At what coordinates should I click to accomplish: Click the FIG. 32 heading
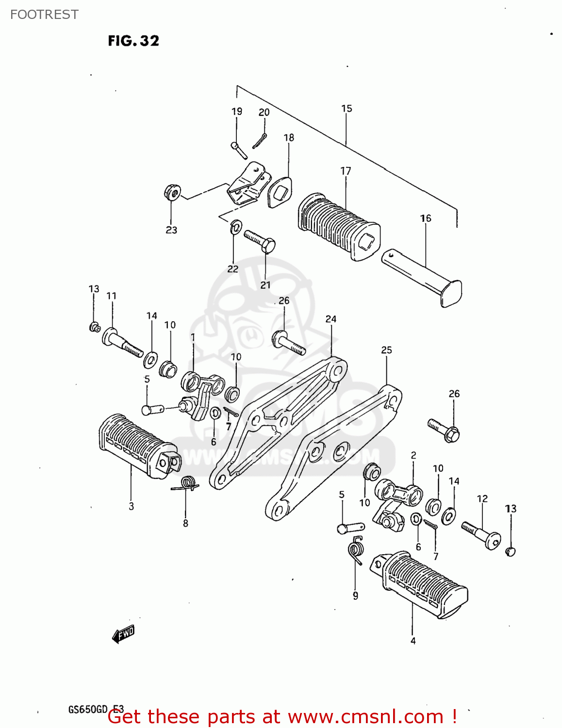[x=133, y=41]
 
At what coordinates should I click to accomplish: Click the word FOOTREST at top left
[x=44, y=15]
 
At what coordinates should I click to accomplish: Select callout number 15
[x=347, y=109]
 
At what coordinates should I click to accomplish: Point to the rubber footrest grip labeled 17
[x=337, y=227]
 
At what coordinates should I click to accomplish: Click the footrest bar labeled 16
[x=422, y=277]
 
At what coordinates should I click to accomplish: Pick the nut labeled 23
[x=172, y=192]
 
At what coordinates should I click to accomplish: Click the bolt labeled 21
[x=260, y=241]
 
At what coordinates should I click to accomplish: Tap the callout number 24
[x=331, y=319]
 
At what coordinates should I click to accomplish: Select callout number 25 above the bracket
[x=386, y=350]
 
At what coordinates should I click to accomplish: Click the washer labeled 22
[x=236, y=227]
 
